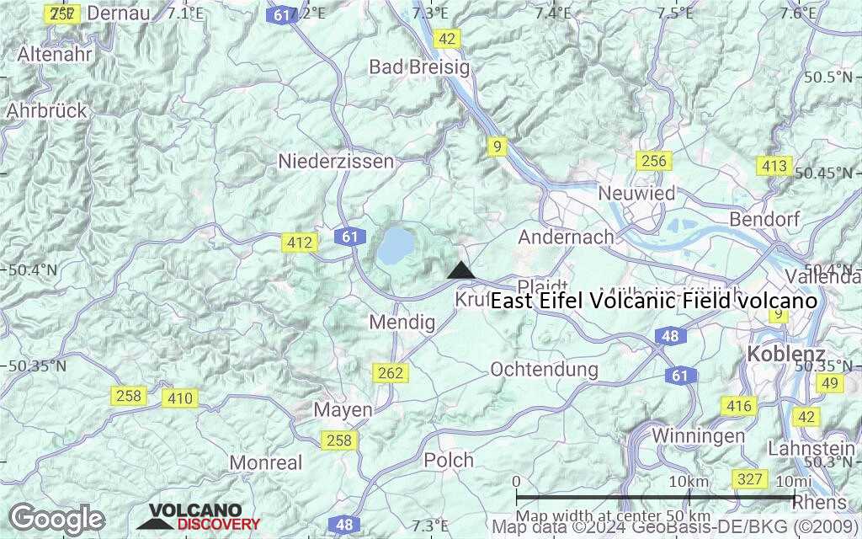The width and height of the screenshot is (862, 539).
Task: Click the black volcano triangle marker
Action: [x=460, y=271]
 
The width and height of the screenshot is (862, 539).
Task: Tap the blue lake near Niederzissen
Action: [x=395, y=245]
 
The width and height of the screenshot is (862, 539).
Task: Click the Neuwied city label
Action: [x=636, y=193]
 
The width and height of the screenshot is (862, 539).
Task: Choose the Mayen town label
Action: [x=343, y=410]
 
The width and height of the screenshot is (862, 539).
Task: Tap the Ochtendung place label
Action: [x=544, y=369]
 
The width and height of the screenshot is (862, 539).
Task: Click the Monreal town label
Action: [x=266, y=462]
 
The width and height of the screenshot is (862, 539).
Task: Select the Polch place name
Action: [x=449, y=461]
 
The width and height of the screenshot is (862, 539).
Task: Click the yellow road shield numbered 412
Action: [x=299, y=243]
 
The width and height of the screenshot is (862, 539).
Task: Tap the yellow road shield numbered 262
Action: [x=391, y=372]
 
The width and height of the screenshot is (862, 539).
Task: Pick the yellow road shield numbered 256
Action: [x=653, y=161]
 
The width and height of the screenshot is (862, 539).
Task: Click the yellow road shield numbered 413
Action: [x=774, y=166]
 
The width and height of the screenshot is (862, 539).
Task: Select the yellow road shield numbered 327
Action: [x=749, y=480]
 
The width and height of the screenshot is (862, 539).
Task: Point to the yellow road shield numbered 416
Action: [x=738, y=407]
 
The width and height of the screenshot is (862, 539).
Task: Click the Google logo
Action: [x=56, y=519]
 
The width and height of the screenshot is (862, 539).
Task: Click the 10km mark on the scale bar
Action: [x=688, y=482]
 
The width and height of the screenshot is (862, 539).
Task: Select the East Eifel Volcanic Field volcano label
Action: [x=654, y=301]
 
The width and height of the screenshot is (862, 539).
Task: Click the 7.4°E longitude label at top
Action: [x=553, y=13]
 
